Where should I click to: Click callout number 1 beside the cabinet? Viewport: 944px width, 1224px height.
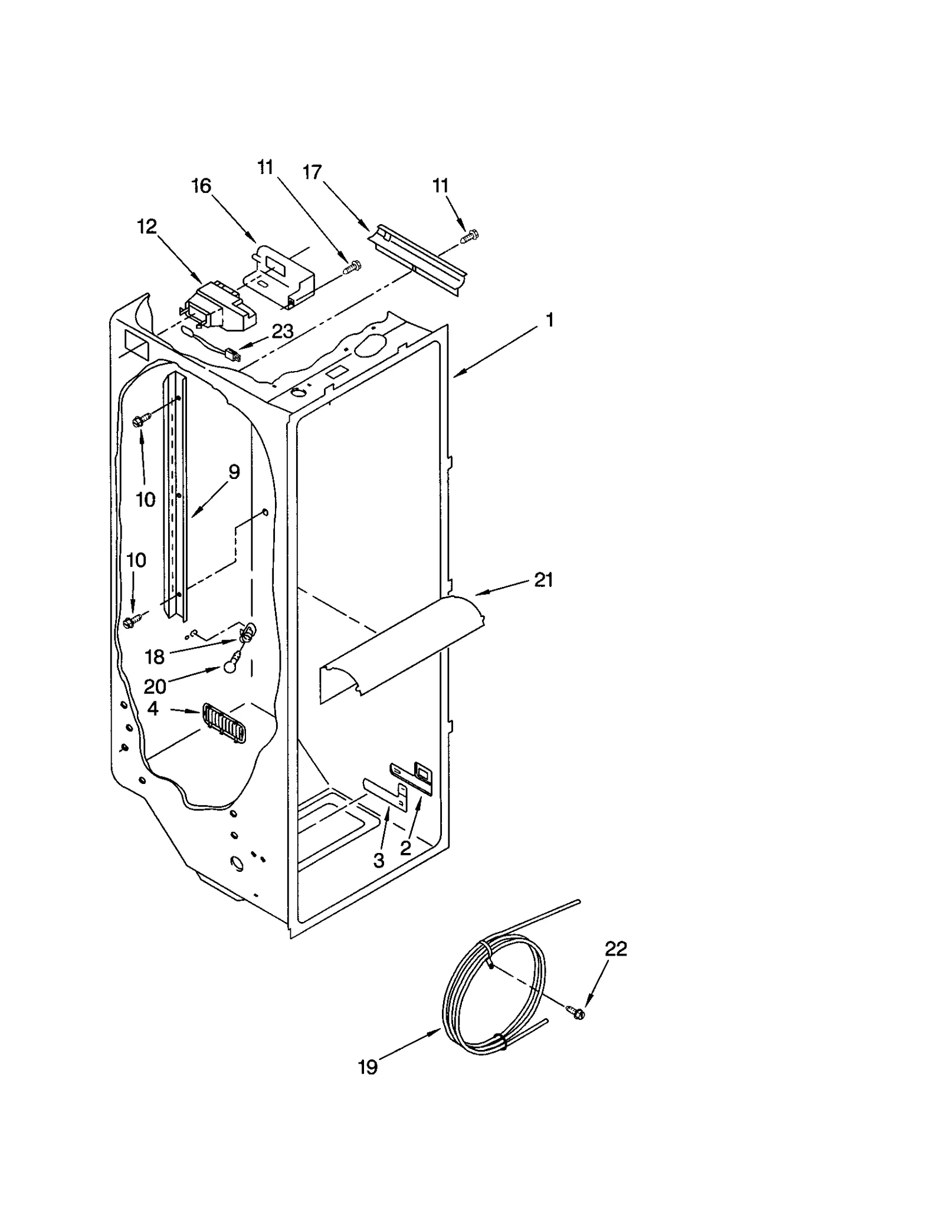click(549, 320)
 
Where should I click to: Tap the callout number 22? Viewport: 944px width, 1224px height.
click(615, 949)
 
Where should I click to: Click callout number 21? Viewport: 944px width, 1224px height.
click(543, 580)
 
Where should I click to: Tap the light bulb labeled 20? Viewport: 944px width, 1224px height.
click(230, 667)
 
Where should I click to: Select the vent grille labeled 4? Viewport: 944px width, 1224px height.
click(224, 724)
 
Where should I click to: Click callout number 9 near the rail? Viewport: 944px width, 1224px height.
click(234, 472)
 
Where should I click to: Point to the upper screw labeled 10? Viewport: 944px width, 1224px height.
click(142, 420)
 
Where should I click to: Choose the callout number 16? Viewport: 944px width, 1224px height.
click(201, 186)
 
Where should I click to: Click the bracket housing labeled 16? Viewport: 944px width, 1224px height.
click(281, 274)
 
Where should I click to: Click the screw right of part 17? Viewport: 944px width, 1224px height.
click(470, 237)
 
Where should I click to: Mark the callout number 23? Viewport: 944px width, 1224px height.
click(283, 332)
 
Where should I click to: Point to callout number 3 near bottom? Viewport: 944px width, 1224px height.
click(379, 860)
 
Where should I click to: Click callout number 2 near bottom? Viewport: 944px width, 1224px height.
click(405, 848)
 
